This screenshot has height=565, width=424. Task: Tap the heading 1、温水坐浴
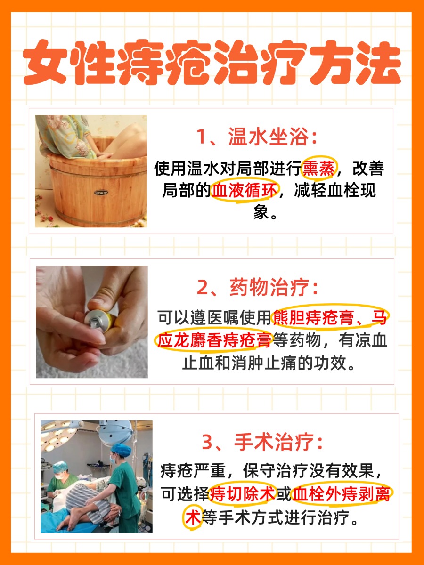(257, 137)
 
